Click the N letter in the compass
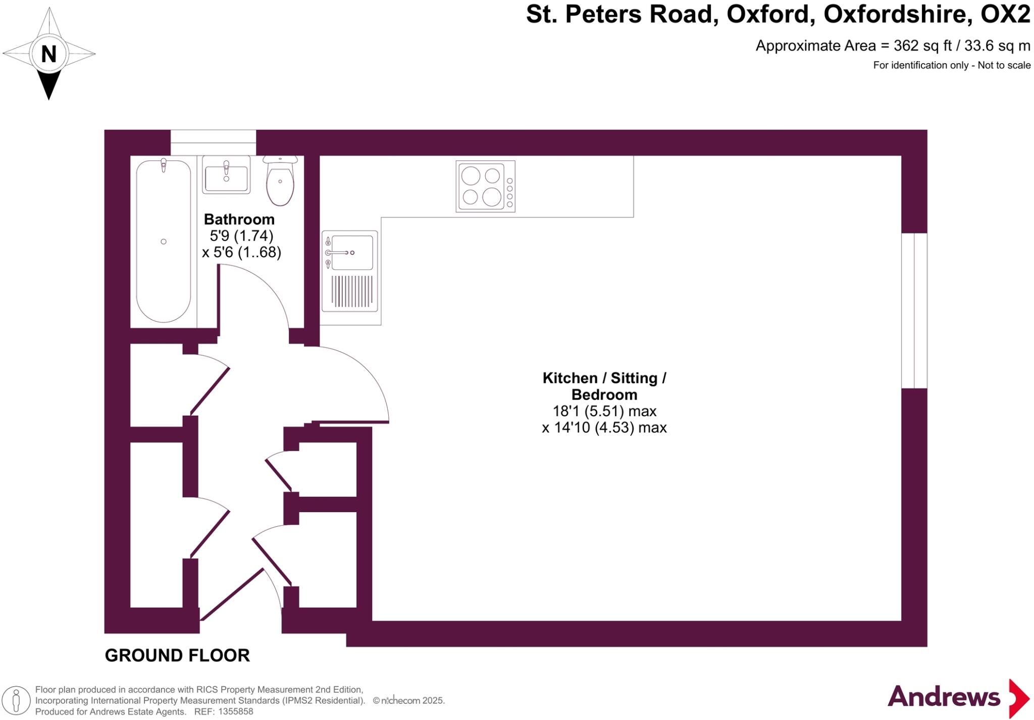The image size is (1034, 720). (48, 54)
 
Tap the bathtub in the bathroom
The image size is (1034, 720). (164, 241)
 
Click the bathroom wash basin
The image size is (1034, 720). (226, 175)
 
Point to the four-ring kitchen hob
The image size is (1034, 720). (485, 186)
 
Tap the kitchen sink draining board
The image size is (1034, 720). (352, 292)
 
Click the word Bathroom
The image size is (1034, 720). (239, 219)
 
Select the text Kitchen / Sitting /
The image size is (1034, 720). (604, 378)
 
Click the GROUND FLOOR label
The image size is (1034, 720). (177, 655)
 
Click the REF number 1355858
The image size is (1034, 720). (234, 712)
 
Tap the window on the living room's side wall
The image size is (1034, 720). (914, 310)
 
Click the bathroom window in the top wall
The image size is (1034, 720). (213, 142)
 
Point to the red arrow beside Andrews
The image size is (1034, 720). (1018, 698)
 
